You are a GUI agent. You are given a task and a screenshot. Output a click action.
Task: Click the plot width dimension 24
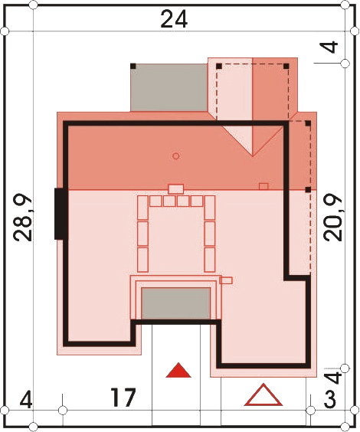coord(174,19)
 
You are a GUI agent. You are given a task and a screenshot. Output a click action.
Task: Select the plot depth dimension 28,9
coord(24,218)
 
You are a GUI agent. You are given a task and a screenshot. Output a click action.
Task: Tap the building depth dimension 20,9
coord(333,218)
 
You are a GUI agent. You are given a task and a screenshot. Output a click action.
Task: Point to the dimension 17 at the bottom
coord(123,398)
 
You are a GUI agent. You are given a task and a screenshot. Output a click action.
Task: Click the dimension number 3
coord(329,400)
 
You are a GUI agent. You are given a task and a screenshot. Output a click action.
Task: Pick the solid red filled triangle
coord(178,370)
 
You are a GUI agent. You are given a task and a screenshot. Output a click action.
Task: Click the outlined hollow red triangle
coord(263,394)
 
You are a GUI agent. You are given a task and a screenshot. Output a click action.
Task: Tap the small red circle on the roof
coord(176,156)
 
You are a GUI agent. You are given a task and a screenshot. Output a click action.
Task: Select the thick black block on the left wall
coord(60,214)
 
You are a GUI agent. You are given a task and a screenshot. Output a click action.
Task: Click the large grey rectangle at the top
coord(169,87)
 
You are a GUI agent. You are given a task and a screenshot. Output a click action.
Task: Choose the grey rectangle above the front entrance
coord(175,303)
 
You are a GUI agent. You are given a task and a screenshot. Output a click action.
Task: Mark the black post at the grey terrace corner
coord(133,66)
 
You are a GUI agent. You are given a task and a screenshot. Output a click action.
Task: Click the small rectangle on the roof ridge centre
coord(175,189)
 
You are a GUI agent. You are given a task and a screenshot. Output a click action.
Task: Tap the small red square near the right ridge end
coord(263,186)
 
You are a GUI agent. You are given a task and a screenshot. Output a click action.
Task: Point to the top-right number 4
coord(332,47)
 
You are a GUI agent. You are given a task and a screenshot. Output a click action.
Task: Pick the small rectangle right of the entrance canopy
coord(226,280)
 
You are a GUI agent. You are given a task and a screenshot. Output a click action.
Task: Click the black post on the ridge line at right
coord(308,189)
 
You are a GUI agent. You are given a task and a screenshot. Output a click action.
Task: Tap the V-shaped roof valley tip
coord(252,156)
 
